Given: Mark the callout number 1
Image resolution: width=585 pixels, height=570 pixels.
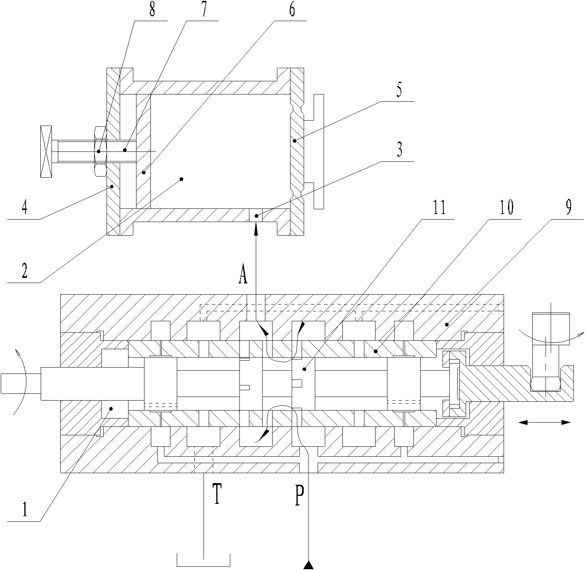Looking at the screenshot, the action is pyautogui.click(x=25, y=510).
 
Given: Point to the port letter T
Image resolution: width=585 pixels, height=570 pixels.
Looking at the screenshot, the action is pyautogui.click(x=217, y=494).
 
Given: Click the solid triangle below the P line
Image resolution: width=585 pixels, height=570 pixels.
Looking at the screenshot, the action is pyautogui.click(x=308, y=564).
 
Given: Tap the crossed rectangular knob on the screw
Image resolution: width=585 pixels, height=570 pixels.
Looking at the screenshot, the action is pyautogui.click(x=46, y=151).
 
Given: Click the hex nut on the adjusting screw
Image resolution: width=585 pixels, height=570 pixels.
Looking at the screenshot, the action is pyautogui.click(x=100, y=151).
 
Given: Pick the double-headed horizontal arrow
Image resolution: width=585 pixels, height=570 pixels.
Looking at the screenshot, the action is pyautogui.click(x=544, y=423).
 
